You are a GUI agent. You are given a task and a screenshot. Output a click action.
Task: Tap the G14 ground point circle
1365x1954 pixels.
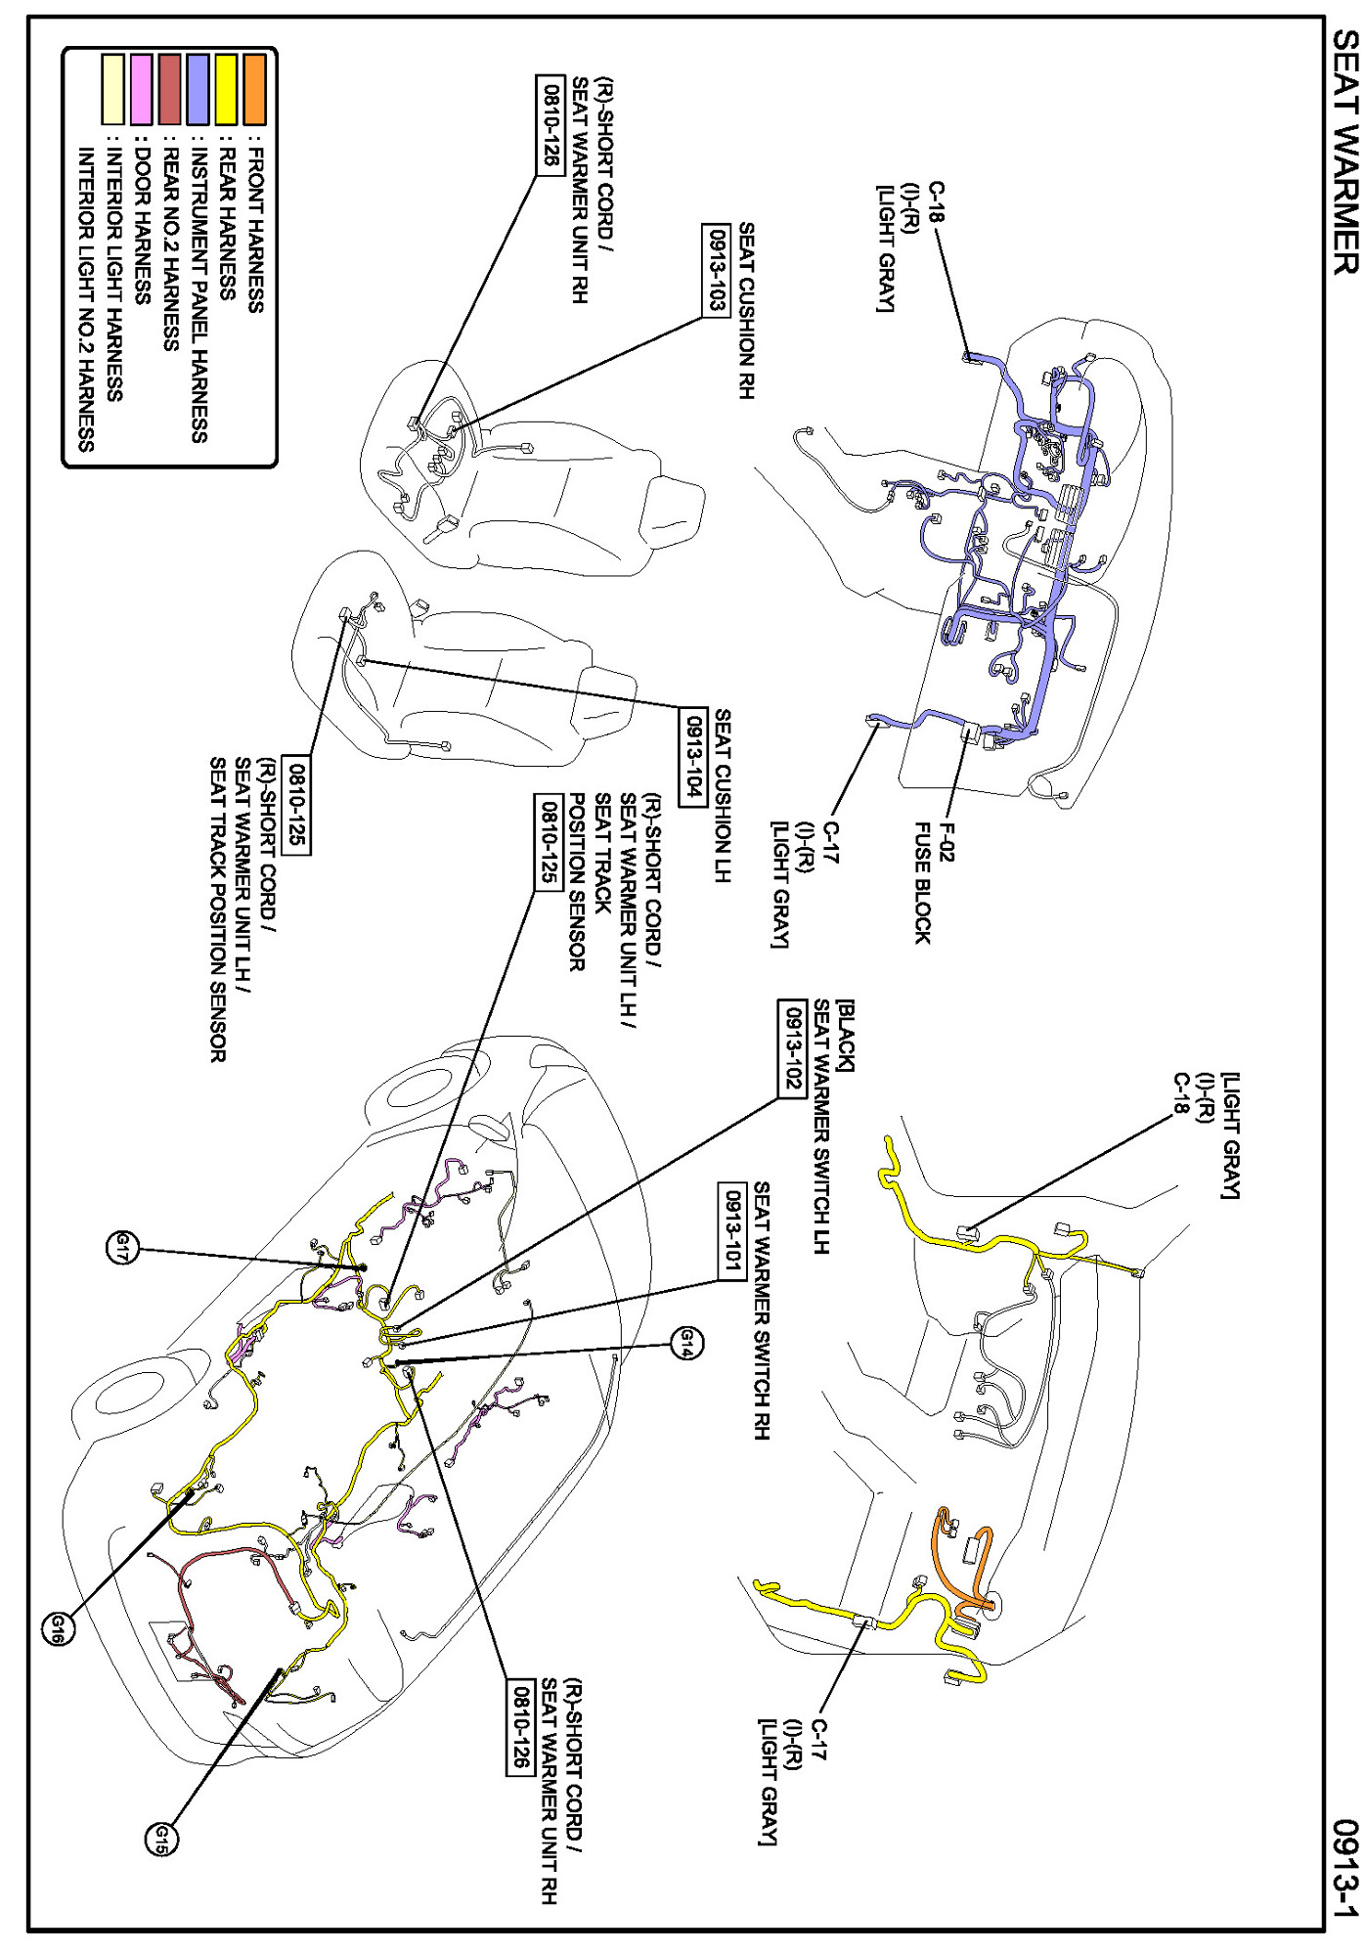pyautogui.click(x=686, y=1342)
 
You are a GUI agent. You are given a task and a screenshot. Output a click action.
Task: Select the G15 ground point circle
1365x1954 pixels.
pyautogui.click(x=161, y=1840)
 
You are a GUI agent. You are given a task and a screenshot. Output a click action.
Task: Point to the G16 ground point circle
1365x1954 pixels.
pyautogui.click(x=57, y=1628)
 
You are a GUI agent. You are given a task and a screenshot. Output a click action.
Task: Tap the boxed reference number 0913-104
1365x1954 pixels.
pyautogui.click(x=692, y=755)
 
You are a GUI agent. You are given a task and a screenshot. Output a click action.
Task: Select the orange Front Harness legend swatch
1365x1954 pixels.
pyautogui.click(x=254, y=90)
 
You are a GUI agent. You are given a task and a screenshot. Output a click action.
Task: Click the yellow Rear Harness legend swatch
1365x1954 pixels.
pyautogui.click(x=226, y=90)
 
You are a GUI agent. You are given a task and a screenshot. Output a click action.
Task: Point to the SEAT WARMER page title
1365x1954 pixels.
pyautogui.click(x=1345, y=153)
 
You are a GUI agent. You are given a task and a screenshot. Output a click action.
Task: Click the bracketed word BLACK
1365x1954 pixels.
pyautogui.click(x=845, y=1036)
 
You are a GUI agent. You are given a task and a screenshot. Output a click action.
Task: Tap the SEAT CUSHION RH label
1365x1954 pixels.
pyautogui.click(x=746, y=311)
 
